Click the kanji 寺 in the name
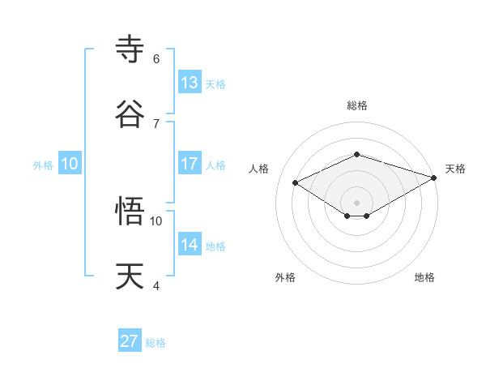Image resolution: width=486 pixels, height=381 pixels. (x=130, y=49)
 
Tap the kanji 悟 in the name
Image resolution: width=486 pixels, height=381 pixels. (x=130, y=212)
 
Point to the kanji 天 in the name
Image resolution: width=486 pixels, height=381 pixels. (x=130, y=276)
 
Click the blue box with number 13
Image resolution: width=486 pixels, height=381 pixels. (x=190, y=82)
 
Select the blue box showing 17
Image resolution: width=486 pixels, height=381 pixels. (x=190, y=163)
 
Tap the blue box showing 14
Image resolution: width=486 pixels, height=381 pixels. (x=190, y=244)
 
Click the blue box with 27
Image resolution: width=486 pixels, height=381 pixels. (x=130, y=341)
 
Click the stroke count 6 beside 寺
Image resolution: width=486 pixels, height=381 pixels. (x=156, y=59)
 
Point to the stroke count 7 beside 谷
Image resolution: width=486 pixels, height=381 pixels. (x=156, y=124)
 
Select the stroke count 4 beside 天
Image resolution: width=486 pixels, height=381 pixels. (x=156, y=286)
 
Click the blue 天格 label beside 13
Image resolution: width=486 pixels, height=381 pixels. (x=215, y=84)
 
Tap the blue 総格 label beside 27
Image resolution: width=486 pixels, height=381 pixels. (x=156, y=344)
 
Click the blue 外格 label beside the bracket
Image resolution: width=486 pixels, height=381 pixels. (x=43, y=165)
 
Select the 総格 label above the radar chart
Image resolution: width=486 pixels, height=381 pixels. (x=356, y=105)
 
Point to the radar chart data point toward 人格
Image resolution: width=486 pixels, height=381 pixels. (x=296, y=182)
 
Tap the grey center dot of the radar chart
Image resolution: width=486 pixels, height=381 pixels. (x=356, y=202)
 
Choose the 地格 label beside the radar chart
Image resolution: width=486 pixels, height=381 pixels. (x=424, y=277)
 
